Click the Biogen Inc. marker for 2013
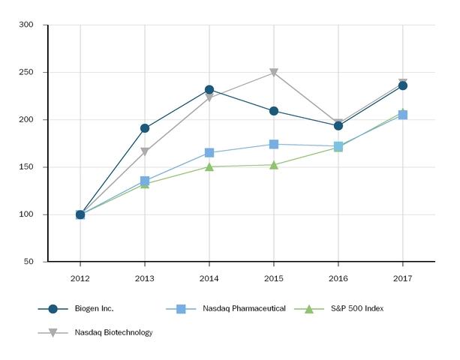tap(145, 128)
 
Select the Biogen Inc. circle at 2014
tap(209, 90)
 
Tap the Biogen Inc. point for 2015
tap(274, 111)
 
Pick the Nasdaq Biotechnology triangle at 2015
tap(274, 73)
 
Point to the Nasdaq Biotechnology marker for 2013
tap(145, 152)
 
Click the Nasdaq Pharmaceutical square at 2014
tap(209, 153)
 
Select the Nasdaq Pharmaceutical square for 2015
tap(274, 144)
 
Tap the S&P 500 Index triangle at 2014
tap(209, 166)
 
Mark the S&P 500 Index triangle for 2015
tap(274, 164)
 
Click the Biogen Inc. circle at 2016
tap(338, 125)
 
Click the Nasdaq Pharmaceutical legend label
tap(244, 309)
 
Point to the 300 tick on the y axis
tap(26, 25)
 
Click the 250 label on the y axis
tap(26, 73)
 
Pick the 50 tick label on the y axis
tap(29, 262)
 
